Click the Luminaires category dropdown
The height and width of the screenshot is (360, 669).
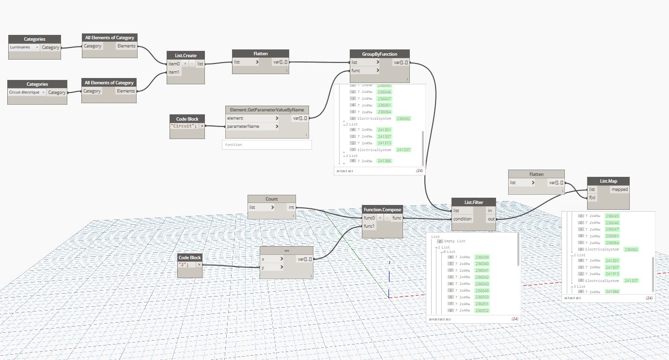[24, 47]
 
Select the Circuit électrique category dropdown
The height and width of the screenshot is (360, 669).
[27, 92]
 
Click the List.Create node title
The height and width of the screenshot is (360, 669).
[186, 56]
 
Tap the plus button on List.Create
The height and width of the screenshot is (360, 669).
[185, 64]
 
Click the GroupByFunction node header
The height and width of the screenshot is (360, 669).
[379, 54]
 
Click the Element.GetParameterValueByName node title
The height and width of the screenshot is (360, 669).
[266, 110]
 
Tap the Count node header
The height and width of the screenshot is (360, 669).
[271, 199]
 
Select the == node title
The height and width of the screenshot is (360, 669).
[286, 251]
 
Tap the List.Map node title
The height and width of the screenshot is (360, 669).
[607, 181]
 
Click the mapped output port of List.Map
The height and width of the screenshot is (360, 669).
[619, 189]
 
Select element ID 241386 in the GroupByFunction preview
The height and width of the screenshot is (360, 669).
[384, 161]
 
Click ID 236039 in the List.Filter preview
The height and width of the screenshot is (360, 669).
[482, 257]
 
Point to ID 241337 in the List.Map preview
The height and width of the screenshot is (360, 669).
[631, 281]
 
